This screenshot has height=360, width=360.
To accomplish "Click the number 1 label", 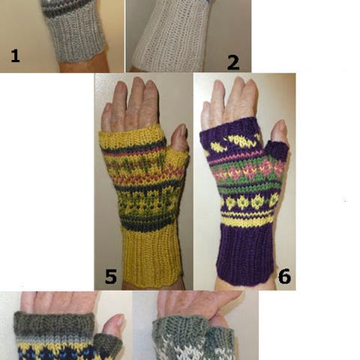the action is [x=15, y=55].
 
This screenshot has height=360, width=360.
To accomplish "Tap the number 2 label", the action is [x=233, y=63].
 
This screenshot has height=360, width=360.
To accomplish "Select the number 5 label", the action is [x=111, y=277].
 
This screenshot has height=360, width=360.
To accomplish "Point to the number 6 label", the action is [x=284, y=276].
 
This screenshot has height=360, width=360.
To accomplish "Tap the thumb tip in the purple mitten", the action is [x=280, y=125].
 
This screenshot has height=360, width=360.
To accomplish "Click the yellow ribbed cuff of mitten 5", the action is [x=152, y=255].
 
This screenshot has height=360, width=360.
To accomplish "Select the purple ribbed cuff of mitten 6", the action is [x=246, y=253].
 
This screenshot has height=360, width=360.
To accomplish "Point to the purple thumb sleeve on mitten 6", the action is [x=277, y=151].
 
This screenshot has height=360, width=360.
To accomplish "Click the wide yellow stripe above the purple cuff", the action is [x=247, y=221].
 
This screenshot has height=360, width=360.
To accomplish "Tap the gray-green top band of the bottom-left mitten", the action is [x=54, y=324].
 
